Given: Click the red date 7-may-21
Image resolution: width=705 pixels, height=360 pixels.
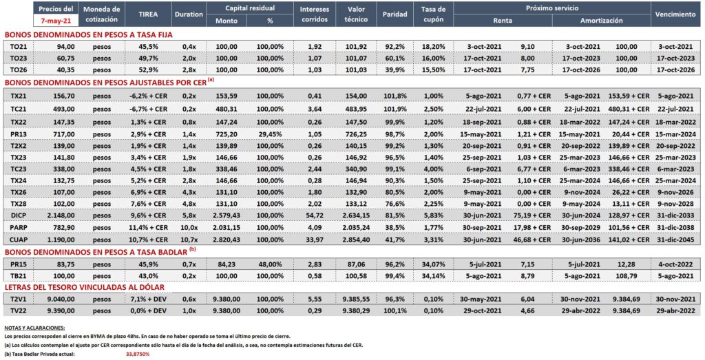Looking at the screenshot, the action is pos(56,20).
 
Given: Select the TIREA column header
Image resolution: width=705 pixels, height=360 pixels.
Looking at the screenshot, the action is pos(148,14).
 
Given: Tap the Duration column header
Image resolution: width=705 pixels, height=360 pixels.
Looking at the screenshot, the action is pos(189,14).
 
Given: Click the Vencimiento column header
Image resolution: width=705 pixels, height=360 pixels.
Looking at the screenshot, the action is pos(675,14).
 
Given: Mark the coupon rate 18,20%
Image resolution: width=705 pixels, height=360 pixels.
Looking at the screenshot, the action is pos(434,46).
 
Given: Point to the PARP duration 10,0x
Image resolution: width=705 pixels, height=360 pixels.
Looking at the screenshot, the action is pos(189,227).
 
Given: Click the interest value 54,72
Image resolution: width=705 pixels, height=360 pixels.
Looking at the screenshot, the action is pos(314,215).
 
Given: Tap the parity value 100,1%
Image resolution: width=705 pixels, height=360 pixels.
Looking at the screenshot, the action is pos(394,310).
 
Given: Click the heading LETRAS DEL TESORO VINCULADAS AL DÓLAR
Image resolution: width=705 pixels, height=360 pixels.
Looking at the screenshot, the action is pos(84,287).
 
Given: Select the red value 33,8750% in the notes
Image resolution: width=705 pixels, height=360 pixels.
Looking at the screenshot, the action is pos(138,354).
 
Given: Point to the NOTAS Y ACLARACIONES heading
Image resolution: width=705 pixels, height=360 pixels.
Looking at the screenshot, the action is pos(34,328).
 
